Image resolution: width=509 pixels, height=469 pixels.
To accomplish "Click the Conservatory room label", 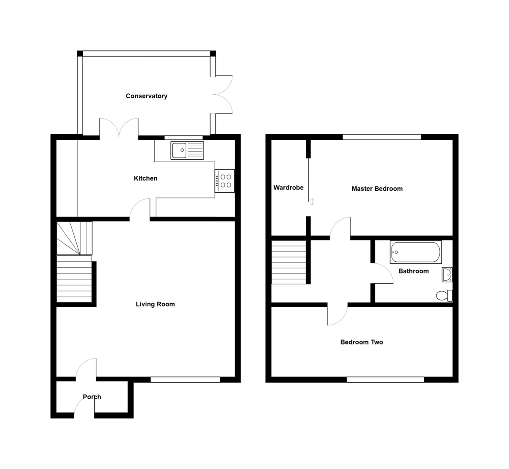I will coord(146,96).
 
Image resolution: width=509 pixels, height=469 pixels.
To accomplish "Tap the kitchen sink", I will coord(187,150).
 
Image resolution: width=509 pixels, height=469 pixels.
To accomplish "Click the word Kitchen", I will coord(145,178).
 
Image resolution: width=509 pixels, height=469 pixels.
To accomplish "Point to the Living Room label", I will coord(155,304).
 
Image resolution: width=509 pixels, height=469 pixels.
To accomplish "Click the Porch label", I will coord(92,397).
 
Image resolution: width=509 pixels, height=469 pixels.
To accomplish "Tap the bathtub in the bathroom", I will coord(416,252).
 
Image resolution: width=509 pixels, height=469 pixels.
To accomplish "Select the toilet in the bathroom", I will coord(445,296).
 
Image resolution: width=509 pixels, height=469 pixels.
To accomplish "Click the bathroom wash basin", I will coord(447,274).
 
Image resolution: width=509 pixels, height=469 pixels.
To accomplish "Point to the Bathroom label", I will coord(413,271).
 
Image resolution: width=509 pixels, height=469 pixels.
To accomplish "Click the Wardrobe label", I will coord(288,187).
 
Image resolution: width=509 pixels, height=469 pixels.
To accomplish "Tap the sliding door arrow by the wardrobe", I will coord(312,202).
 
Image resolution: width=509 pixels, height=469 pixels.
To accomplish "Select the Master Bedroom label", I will coord(377,189).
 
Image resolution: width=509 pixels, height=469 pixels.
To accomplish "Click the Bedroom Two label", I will coord(361,342).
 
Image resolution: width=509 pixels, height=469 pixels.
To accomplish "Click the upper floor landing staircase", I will coord(288,262).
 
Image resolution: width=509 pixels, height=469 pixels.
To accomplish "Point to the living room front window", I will coord(185,379).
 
